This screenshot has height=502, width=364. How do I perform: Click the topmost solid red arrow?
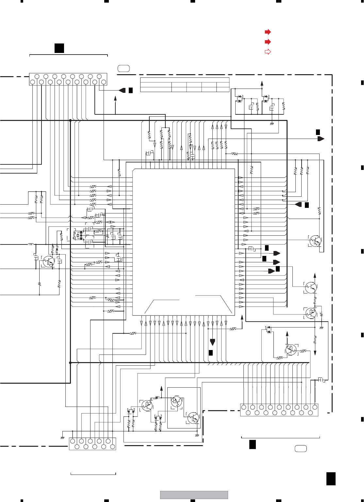(268, 32)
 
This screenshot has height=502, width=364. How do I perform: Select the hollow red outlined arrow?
(268, 52)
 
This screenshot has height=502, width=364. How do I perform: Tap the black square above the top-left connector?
(59, 48)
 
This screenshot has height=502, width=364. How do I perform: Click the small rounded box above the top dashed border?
(124, 68)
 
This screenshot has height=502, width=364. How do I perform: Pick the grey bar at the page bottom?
(194, 495)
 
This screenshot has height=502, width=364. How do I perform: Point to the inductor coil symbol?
(31, 244)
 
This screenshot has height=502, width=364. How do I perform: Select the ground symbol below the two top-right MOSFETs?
(272, 124)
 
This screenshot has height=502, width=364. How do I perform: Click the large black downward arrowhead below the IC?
(212, 342)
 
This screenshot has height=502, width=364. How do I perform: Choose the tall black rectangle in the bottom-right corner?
(331, 479)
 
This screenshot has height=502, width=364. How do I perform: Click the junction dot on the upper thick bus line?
(70, 121)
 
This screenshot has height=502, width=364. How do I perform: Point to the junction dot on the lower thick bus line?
(70, 363)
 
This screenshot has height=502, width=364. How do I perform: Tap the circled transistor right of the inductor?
(49, 261)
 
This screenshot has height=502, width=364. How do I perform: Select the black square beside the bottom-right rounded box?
(252, 444)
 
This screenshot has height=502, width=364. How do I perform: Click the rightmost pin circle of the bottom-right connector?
(315, 407)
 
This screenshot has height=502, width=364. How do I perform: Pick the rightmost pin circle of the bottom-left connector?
(113, 447)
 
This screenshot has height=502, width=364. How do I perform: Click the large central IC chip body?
(184, 242)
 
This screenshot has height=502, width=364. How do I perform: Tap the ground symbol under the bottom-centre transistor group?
(197, 435)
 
